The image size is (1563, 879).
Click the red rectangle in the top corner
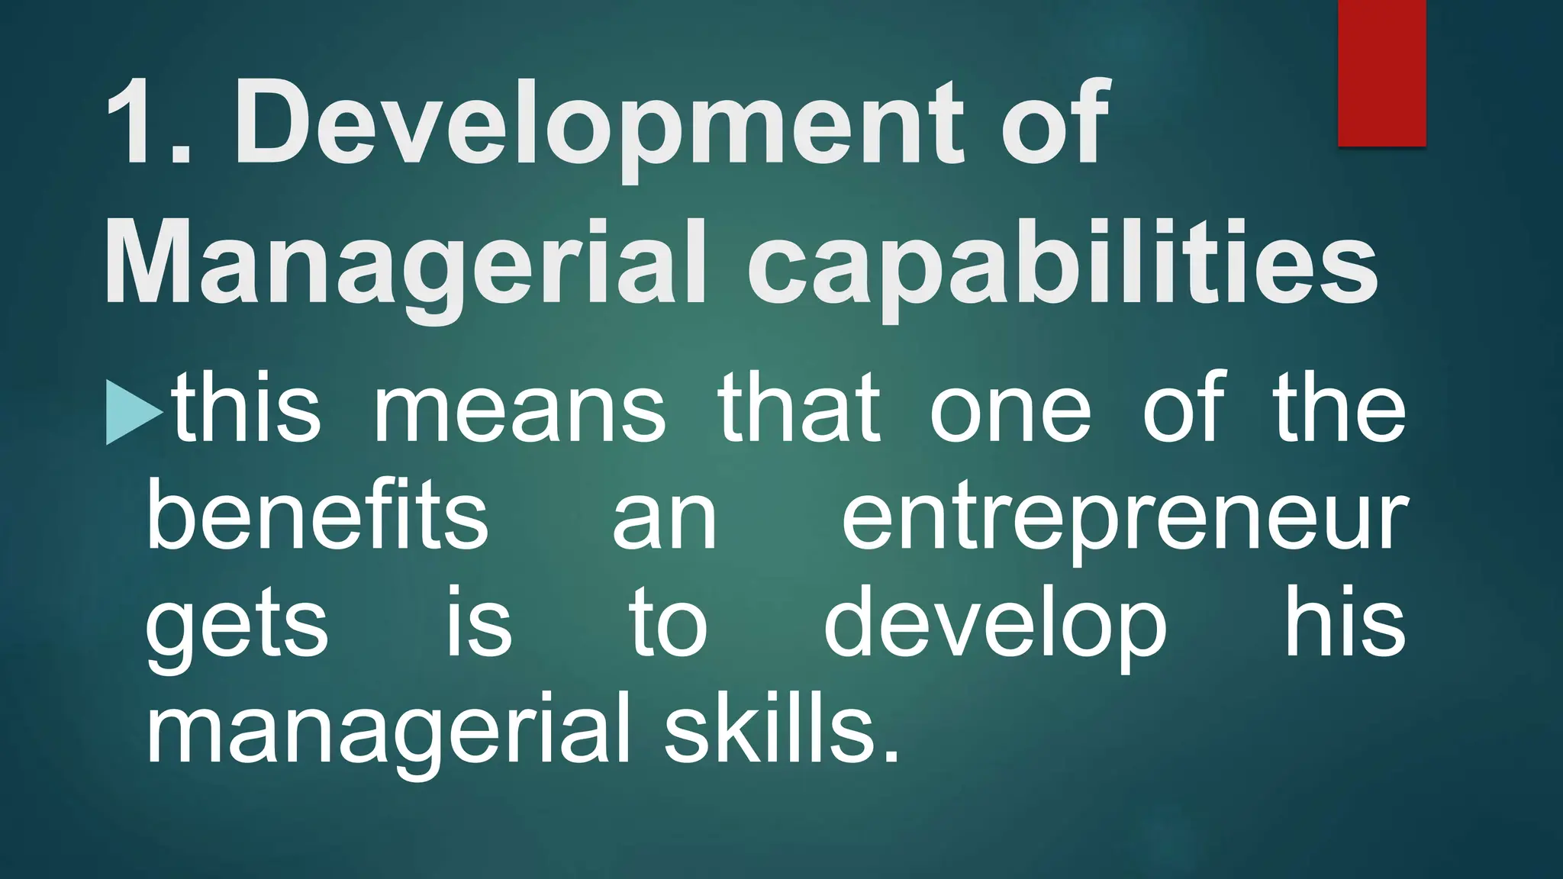point(1381,72)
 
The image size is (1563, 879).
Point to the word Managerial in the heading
point(404,263)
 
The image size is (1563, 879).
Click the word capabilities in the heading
point(1061,263)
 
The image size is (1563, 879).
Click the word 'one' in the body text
point(1010,412)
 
